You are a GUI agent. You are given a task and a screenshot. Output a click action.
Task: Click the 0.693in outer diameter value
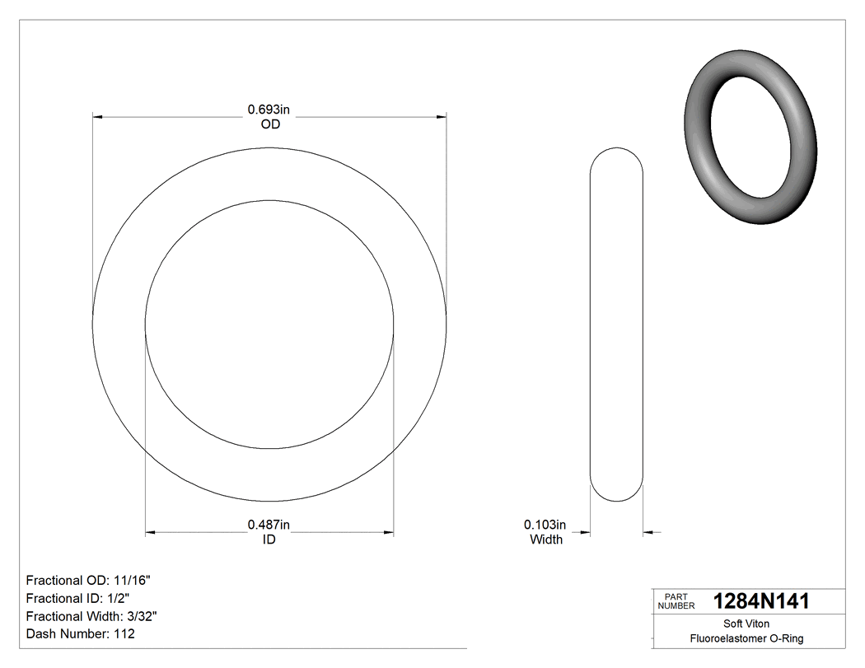pos(269,109)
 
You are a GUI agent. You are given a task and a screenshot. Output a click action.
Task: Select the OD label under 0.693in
pos(269,124)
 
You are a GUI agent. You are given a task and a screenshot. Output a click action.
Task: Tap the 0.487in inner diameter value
pos(269,525)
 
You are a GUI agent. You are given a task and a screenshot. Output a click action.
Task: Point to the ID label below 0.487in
pos(269,540)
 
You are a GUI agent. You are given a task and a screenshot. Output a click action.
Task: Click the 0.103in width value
pos(545,525)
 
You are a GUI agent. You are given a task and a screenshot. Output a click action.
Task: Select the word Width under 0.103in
pos(545,540)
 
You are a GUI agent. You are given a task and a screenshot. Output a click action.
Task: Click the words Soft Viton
pos(746,624)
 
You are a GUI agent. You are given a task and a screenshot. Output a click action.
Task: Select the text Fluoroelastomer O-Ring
pos(746,638)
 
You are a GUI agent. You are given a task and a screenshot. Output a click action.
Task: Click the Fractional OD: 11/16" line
pos(88,580)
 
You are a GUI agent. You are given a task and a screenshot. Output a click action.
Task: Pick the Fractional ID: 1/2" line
pos(78,598)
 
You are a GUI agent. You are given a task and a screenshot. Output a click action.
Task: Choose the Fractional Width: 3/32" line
pos(91,616)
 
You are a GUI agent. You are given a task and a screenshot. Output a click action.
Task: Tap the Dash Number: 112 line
pos(81,634)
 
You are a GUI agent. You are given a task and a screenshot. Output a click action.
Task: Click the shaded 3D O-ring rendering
pos(750,140)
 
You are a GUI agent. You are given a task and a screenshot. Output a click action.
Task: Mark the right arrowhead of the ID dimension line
pos(388,533)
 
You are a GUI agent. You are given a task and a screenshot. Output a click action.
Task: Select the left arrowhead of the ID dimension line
pos(151,533)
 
